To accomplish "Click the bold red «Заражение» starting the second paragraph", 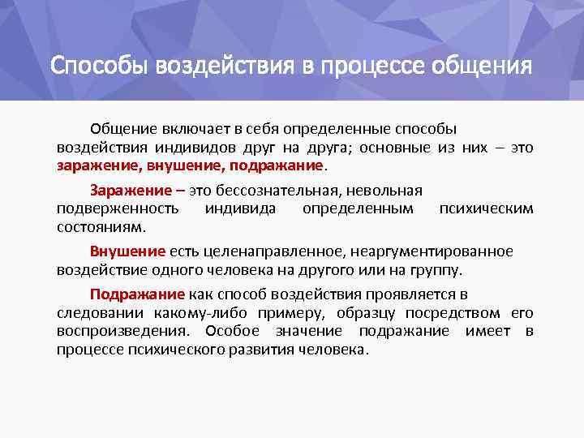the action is pyautogui.click(x=131, y=191).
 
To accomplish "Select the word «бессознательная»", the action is pyautogui.click(x=276, y=191).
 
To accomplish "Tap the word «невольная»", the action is pyautogui.click(x=384, y=191).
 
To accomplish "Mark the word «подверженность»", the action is pyautogui.click(x=118, y=208).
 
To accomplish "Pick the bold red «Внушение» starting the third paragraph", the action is pyautogui.click(x=128, y=251).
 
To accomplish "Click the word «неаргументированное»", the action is pyautogui.click(x=432, y=252).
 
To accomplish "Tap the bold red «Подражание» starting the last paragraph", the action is pyautogui.click(x=137, y=294).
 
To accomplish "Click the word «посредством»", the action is pyautogui.click(x=453, y=313).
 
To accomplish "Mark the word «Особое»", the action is pyautogui.click(x=232, y=331).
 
